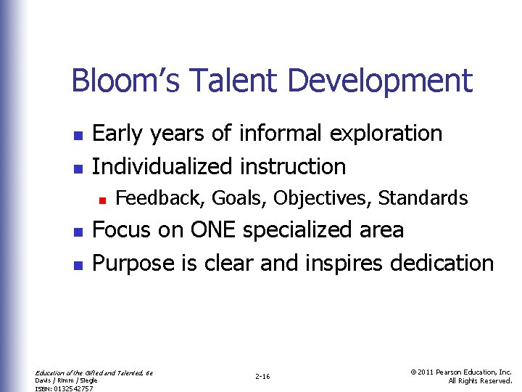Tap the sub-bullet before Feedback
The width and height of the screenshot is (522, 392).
pos(104,198)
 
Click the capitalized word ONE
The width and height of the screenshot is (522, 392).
pos(212,230)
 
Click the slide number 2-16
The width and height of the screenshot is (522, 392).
pos(262,376)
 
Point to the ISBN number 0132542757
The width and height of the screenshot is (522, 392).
pos(72,388)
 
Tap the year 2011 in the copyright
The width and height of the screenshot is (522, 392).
pos(427,372)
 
